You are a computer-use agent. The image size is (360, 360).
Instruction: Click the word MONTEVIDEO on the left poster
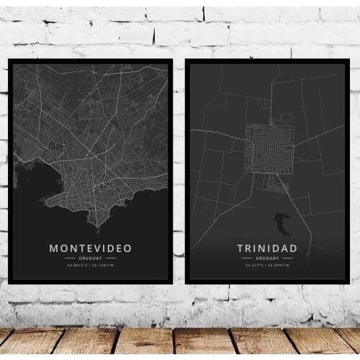[x=90, y=248]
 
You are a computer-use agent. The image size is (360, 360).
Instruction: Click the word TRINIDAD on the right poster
[x=266, y=248]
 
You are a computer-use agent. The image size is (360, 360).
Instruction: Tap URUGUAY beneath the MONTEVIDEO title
[x=90, y=258]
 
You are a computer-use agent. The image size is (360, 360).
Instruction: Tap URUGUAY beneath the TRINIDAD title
[x=267, y=258]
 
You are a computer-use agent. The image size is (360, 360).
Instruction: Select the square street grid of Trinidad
[x=269, y=148]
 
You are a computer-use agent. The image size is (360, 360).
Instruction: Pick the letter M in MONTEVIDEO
[x=53, y=248]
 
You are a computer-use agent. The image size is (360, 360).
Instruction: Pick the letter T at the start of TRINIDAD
[x=240, y=248]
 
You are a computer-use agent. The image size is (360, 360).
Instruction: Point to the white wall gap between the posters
[x=179, y=173]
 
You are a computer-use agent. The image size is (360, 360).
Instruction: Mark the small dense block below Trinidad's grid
[x=276, y=184]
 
